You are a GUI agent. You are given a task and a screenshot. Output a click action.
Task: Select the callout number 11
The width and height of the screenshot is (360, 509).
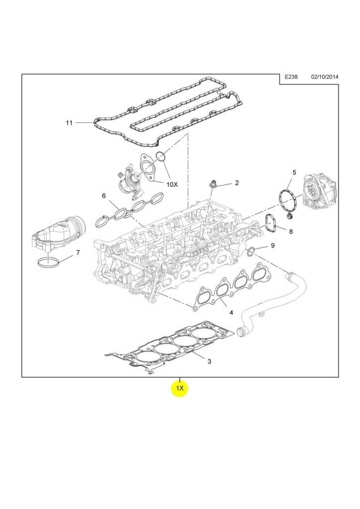[x=69, y=122]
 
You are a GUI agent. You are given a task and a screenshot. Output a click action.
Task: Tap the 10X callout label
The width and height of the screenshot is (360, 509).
[x=172, y=184]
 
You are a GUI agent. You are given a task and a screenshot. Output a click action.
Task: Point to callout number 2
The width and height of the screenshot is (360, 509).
[x=237, y=183]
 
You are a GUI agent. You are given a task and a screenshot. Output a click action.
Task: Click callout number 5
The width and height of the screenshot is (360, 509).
[x=294, y=172]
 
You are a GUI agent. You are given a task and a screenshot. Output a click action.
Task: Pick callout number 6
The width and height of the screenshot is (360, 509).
[x=104, y=196]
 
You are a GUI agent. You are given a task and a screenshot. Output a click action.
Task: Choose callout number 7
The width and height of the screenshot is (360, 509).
[x=77, y=253]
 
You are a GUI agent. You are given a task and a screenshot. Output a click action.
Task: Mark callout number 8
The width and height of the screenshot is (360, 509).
[x=290, y=231]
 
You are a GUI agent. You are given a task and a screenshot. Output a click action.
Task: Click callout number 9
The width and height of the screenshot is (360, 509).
[x=272, y=246]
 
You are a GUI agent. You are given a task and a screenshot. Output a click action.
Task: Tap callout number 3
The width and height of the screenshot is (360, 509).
[x=209, y=361]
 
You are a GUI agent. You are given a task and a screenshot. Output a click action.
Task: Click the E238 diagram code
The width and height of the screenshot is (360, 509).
[x=291, y=78]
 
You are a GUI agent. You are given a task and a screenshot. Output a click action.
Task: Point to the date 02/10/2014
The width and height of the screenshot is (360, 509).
[x=324, y=78]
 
